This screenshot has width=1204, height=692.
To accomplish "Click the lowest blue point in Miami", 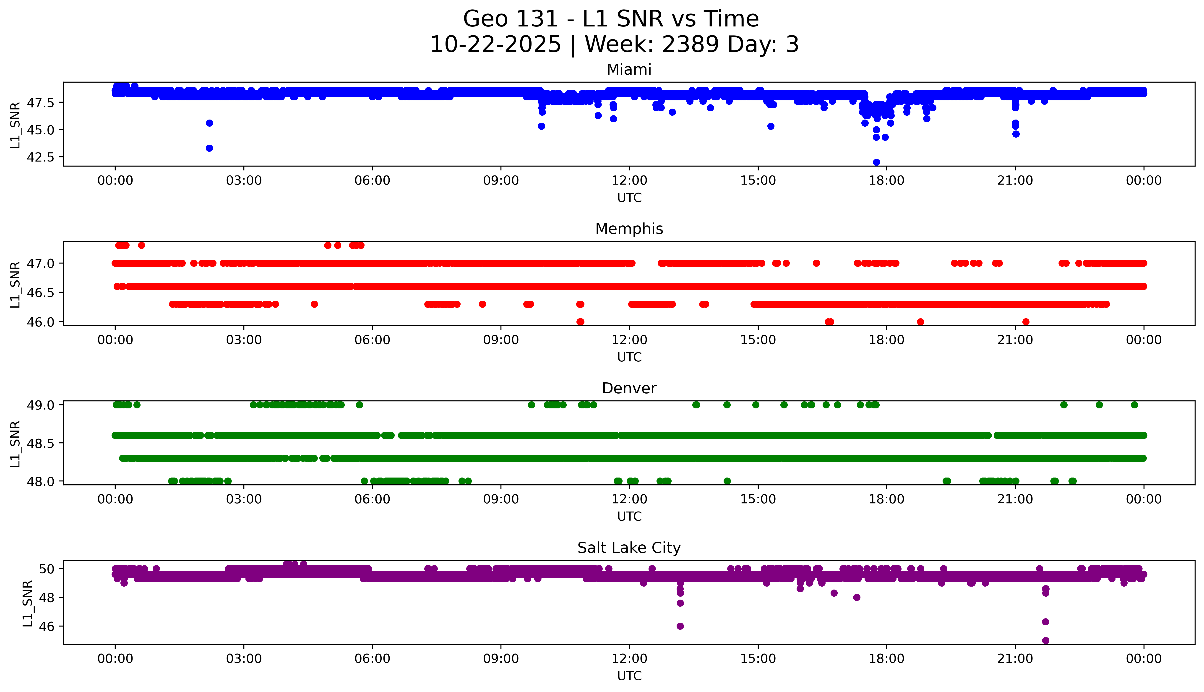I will tap(876, 162).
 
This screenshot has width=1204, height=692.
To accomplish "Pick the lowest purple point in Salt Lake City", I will tap(1045, 640).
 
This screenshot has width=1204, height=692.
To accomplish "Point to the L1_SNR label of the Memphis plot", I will tap(15, 284).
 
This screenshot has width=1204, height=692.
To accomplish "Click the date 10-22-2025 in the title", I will tap(495, 45).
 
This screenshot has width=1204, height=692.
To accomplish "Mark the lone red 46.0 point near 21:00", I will tap(1026, 322).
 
